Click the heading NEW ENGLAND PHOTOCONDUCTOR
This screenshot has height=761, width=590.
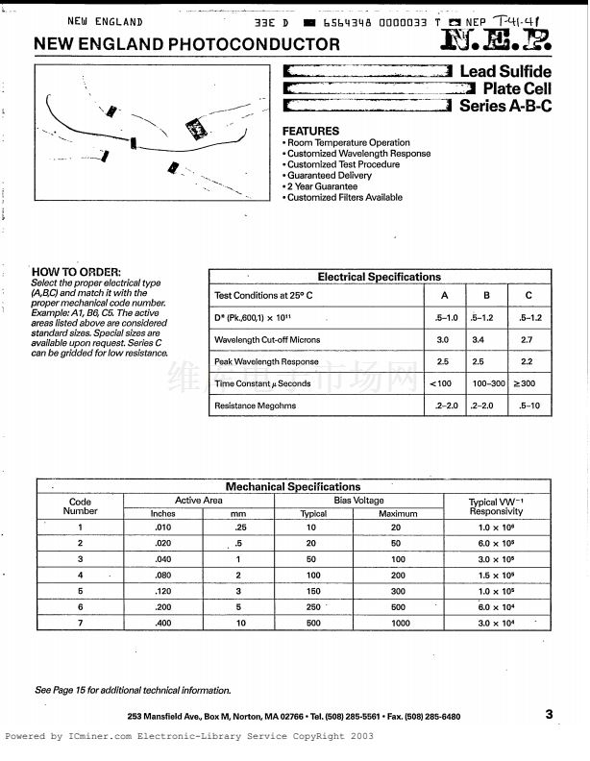click(186, 44)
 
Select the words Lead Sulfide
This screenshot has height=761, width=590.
click(505, 72)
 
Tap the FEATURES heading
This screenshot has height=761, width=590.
click(310, 131)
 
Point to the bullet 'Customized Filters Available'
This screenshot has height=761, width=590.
click(343, 198)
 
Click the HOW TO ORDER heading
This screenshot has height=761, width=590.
click(77, 272)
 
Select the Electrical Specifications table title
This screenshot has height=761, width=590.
click(379, 277)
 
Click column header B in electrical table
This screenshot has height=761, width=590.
click(485, 296)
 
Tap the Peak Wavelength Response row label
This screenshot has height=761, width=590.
click(266, 362)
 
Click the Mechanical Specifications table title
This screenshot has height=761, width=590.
click(293, 487)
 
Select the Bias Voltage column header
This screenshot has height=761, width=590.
click(358, 501)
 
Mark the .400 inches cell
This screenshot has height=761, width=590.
click(163, 624)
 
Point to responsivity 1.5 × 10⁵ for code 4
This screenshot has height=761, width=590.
click(496, 575)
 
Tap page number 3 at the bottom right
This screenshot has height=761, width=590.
click(549, 714)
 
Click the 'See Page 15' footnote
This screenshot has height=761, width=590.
click(133, 690)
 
